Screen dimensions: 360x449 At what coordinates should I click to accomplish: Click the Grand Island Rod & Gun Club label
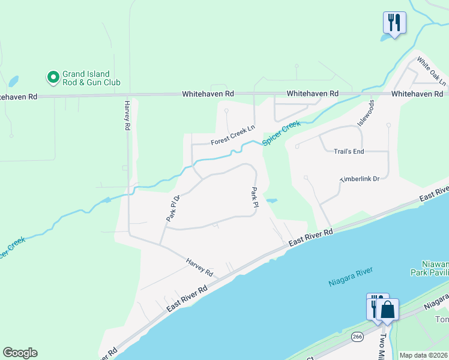tap(92, 78)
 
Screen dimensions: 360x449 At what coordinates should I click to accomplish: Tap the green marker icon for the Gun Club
tap(53, 77)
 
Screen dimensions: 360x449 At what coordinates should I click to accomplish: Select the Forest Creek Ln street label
tap(233, 135)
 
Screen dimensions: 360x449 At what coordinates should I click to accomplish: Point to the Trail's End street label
tap(349, 151)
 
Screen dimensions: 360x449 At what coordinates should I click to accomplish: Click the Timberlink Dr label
tap(360, 179)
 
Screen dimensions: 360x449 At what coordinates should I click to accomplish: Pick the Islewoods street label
tap(366, 113)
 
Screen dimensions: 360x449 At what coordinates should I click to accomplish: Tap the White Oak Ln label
tap(432, 71)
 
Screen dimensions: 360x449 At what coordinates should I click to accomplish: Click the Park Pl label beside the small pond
tap(255, 197)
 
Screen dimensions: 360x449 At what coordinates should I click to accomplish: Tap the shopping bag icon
tap(388, 310)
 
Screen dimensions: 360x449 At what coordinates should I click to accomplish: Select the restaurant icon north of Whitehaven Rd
tap(394, 23)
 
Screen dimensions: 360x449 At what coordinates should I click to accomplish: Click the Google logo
tap(20, 353)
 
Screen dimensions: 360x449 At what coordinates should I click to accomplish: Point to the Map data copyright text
tap(423, 355)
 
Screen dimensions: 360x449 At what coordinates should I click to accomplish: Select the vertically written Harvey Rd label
tap(127, 115)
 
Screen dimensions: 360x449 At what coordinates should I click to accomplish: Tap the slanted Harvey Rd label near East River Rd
tap(200, 267)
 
